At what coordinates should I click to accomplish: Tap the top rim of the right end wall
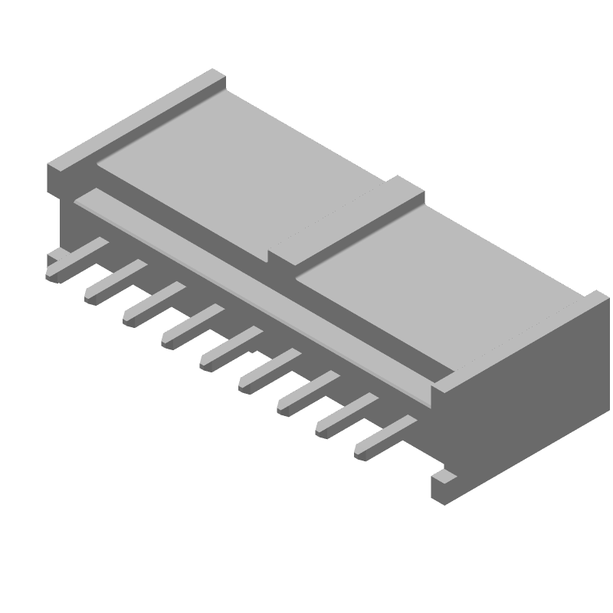521,337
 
